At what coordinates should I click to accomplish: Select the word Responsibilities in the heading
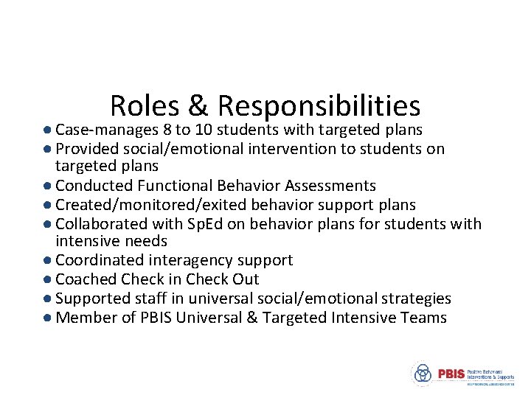[319, 106]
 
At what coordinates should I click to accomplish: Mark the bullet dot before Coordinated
[46, 261]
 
